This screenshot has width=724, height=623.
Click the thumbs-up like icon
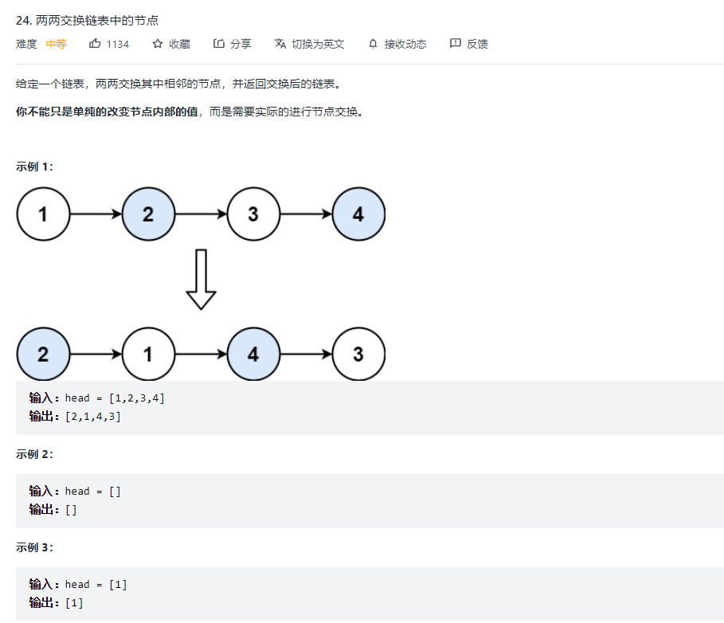[x=95, y=44]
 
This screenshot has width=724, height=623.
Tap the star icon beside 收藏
[x=158, y=44]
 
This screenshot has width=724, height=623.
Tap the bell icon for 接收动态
[x=373, y=44]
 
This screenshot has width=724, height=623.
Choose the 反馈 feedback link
[x=469, y=44]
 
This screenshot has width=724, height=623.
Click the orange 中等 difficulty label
[x=56, y=44]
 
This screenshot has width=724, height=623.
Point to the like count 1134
[x=118, y=44]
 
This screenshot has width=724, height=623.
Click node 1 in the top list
[x=43, y=214]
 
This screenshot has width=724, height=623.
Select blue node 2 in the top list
[x=148, y=214]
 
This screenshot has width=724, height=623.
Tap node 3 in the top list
[x=253, y=214]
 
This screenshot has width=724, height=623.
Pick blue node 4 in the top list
[x=358, y=214]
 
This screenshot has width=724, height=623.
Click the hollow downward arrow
[x=201, y=280]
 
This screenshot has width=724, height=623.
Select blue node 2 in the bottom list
[x=43, y=354]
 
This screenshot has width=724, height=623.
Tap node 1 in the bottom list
[x=148, y=354]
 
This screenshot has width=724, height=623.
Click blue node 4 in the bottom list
[x=253, y=354]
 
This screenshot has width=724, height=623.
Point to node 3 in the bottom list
[x=358, y=354]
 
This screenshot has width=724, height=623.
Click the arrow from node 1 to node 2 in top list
[x=96, y=214]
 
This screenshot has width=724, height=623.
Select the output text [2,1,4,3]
[x=93, y=416]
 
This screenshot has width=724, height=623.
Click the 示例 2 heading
[x=34, y=454]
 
